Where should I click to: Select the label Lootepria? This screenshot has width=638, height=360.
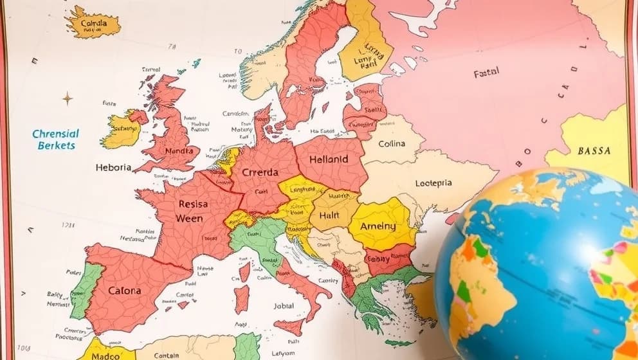[424, 183]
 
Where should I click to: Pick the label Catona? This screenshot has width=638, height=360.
[124, 290]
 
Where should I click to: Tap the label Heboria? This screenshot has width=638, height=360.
[113, 167]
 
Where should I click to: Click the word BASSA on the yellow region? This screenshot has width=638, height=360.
[594, 151]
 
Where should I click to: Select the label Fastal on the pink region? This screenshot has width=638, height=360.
[486, 74]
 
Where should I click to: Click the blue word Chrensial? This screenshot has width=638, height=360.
[55, 134]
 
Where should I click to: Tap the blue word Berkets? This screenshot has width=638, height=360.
[56, 145]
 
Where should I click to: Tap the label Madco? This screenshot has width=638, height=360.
[105, 354]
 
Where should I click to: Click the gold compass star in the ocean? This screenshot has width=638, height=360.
[67, 98]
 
